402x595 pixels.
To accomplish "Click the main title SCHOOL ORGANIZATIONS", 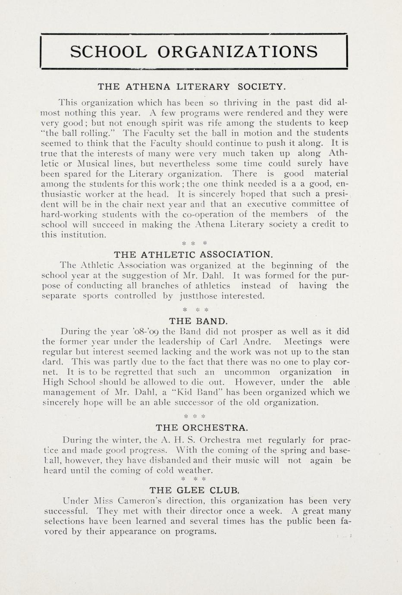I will pos(194,52).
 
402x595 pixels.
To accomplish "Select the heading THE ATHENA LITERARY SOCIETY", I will pos(192,87).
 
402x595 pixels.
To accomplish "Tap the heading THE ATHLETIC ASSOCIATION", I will pos(193,254).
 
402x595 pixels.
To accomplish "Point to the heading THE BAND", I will pos(198,321).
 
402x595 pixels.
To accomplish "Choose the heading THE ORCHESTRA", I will pos(202,428).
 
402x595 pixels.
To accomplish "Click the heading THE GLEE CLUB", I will pos(194,490).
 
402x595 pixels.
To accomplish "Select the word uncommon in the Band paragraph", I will pos(248,372).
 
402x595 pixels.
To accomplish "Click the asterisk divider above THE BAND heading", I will pos(195,310).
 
